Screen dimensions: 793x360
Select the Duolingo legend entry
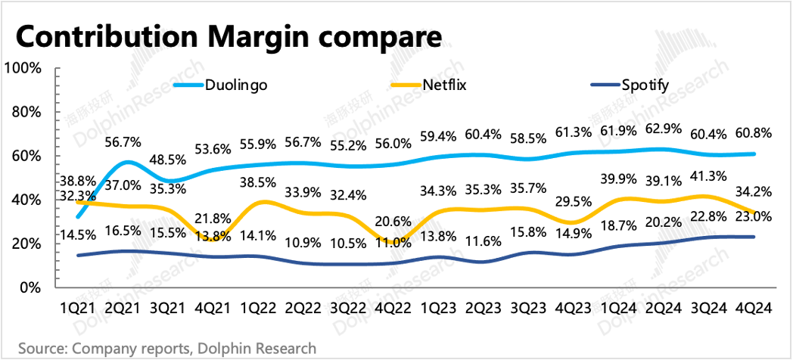tap(220, 85)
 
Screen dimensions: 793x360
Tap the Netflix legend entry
tap(428, 85)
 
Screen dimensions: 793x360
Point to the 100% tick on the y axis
tap(23, 67)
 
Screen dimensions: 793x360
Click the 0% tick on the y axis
tap(30, 287)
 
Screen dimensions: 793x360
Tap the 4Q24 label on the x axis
tap(755, 308)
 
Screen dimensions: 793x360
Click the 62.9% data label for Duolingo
tap(665, 134)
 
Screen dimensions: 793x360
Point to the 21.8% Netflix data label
tap(213, 219)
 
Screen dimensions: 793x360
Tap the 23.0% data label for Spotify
tap(754, 216)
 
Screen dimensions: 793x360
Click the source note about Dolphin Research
tap(167, 349)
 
